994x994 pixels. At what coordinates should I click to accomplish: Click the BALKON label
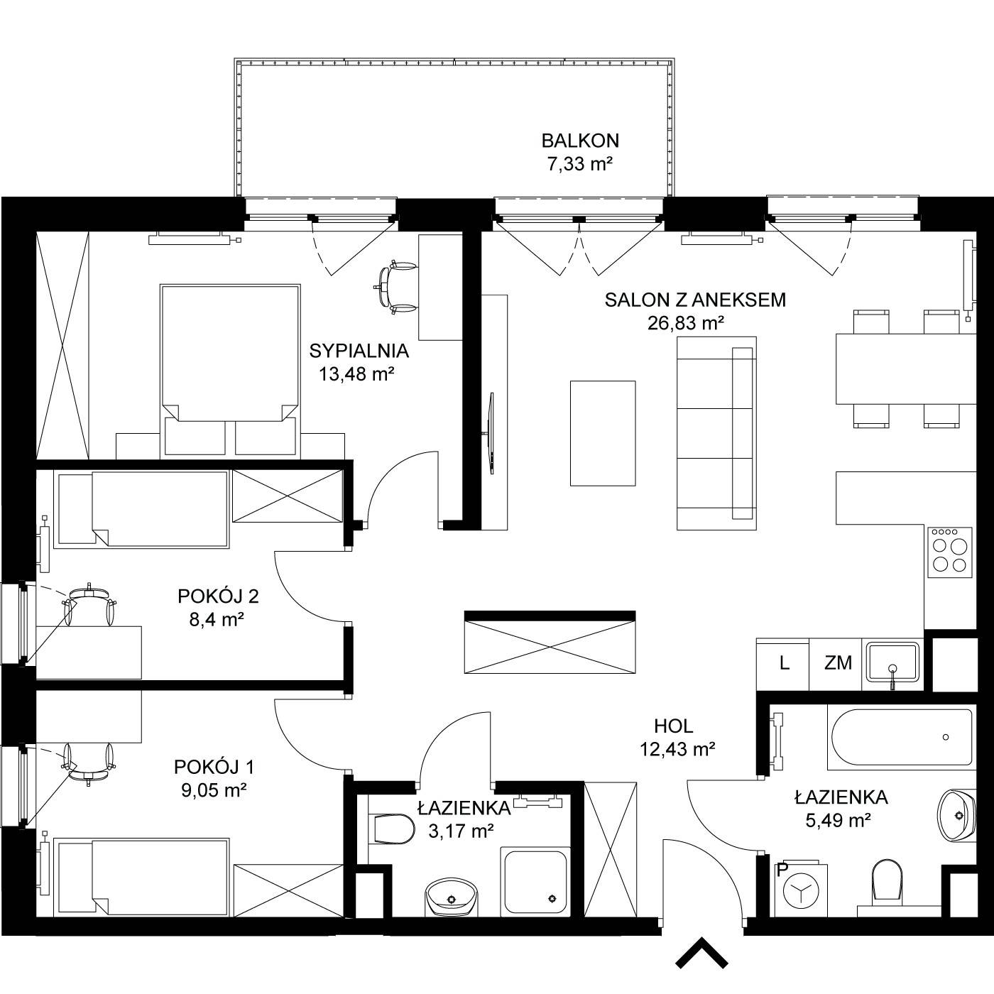(x=580, y=141)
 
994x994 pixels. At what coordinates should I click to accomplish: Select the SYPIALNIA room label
(x=359, y=351)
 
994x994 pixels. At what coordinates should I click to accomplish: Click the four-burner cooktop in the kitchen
(x=950, y=552)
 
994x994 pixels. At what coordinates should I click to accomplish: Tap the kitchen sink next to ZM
(x=892, y=662)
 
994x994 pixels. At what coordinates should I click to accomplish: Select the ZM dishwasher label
(x=839, y=663)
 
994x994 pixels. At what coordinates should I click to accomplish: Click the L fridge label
(x=785, y=663)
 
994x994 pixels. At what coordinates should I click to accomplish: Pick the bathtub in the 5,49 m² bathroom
(x=902, y=737)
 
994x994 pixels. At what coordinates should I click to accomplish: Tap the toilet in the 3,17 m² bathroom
(x=391, y=829)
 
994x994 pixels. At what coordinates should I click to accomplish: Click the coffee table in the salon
(x=603, y=433)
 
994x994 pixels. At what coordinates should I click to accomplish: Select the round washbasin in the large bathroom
(x=956, y=816)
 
